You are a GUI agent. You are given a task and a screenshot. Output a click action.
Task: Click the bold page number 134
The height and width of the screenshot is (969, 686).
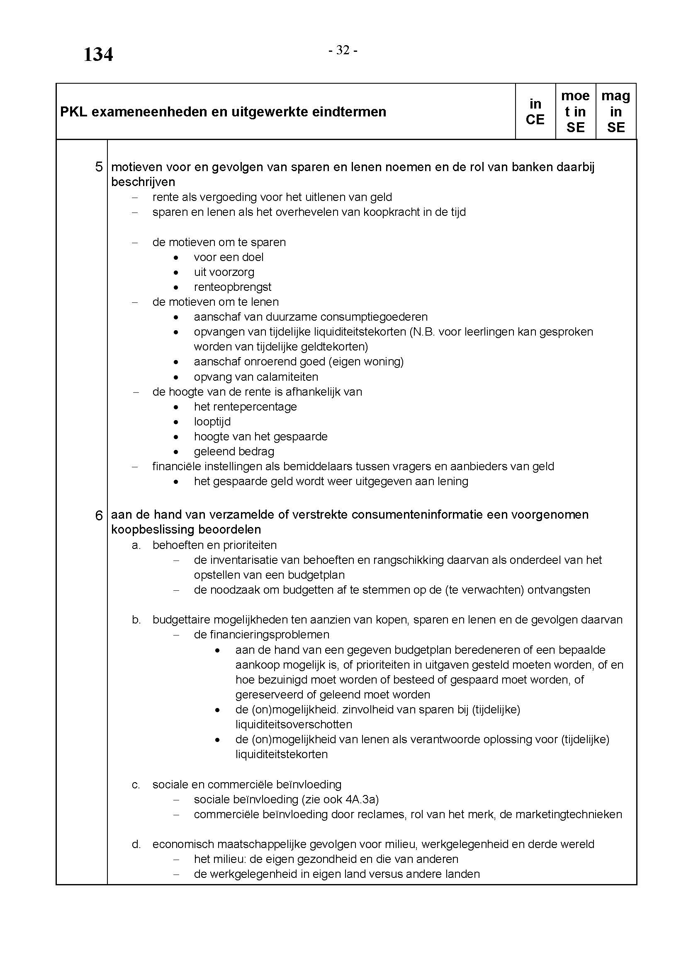click(x=98, y=55)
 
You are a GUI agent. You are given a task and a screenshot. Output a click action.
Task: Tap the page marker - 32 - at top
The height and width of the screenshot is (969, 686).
click(x=343, y=51)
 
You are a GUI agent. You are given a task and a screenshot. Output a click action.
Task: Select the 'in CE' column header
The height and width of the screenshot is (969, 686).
click(x=535, y=112)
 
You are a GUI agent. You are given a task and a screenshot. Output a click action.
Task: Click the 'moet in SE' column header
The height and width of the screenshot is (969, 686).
click(x=575, y=112)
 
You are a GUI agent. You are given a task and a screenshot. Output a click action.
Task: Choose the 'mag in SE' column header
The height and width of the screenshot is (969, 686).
click(x=615, y=112)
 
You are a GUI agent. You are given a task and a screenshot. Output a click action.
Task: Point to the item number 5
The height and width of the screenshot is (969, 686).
click(x=99, y=167)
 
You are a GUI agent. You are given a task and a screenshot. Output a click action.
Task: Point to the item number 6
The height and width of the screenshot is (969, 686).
click(x=99, y=515)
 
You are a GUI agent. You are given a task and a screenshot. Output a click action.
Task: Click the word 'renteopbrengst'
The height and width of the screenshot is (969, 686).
click(x=232, y=287)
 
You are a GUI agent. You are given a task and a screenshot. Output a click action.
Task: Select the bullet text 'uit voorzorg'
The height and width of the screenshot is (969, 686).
click(x=224, y=272)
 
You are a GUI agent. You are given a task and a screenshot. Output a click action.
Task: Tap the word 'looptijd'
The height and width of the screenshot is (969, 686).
click(x=212, y=422)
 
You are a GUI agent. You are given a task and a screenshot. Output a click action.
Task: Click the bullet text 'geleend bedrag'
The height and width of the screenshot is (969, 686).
click(x=234, y=452)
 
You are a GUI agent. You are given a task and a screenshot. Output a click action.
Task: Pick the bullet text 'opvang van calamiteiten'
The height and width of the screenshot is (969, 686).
click(x=256, y=377)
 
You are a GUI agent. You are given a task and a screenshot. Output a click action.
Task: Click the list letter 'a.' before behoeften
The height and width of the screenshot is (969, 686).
click(x=136, y=545)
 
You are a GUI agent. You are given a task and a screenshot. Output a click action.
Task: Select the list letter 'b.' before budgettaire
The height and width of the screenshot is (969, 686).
click(x=136, y=620)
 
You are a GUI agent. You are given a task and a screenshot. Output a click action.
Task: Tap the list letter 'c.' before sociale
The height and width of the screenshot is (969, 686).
click(x=136, y=785)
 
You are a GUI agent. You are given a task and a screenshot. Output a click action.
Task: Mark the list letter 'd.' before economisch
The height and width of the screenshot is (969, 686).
click(x=136, y=844)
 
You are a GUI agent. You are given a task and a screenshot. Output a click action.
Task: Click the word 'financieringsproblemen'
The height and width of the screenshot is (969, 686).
click(x=261, y=635)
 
